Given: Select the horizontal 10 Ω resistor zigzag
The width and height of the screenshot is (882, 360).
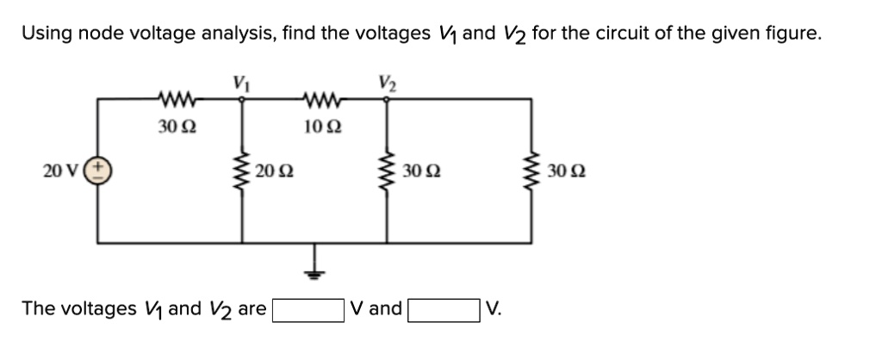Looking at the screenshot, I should point(321,98).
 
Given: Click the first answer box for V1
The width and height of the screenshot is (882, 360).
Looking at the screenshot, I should point(308,309).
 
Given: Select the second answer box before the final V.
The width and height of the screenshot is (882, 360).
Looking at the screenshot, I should point(444,309).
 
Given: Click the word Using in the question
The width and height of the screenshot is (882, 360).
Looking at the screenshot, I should point(47,34).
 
